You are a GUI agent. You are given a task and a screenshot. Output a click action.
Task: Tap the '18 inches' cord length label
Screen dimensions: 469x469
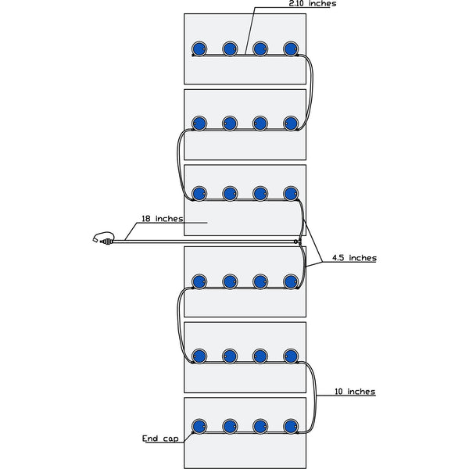(162, 219)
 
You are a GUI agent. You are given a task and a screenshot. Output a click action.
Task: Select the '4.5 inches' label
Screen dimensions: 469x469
(354, 258)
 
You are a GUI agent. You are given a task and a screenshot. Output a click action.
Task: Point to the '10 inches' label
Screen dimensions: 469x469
(354, 391)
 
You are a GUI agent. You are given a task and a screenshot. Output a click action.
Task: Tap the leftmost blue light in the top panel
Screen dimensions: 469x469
(199, 48)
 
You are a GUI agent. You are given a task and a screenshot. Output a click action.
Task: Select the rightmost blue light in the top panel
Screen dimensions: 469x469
(291, 48)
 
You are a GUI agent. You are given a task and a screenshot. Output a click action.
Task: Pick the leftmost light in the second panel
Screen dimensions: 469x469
(199, 123)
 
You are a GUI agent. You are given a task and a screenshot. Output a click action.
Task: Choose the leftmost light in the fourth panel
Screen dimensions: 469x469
(199, 281)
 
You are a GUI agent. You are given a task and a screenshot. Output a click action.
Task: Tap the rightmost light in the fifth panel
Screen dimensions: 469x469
(291, 356)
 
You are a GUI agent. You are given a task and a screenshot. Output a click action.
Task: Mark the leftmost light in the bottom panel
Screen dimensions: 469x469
(199, 426)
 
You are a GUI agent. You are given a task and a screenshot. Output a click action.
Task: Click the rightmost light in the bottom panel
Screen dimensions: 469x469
(291, 426)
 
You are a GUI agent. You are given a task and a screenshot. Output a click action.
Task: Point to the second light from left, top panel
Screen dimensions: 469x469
(230, 48)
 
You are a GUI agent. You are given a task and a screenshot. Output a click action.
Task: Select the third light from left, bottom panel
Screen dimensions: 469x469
(260, 426)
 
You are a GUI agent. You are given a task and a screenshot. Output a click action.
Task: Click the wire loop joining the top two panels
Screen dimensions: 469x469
(310, 90)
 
